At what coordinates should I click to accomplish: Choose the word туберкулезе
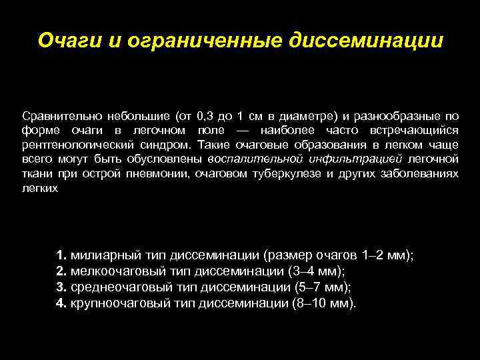pyautogui.click(x=284, y=173)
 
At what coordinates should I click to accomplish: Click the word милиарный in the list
pyautogui.click(x=100, y=255)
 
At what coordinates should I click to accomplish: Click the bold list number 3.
pyautogui.click(x=61, y=287)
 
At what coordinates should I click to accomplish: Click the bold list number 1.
pyautogui.click(x=61, y=255)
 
